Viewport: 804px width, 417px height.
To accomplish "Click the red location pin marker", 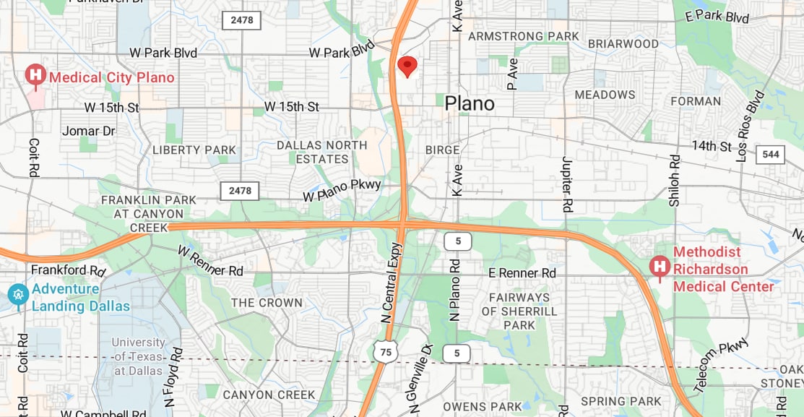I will [407, 66].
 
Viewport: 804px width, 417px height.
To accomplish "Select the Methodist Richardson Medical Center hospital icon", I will [659, 267].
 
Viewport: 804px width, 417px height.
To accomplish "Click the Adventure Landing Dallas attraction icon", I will [17, 294].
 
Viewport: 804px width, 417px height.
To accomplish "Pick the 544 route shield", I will [770, 154].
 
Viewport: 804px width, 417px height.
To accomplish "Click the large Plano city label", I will [470, 103].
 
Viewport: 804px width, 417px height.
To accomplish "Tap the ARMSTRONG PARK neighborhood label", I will [523, 36].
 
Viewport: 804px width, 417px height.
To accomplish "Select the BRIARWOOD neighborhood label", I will [623, 44].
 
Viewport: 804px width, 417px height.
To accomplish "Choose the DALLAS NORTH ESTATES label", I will [322, 152].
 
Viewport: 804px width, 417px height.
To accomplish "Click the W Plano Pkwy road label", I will [342, 190].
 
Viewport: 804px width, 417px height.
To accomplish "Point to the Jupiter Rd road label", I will [566, 182].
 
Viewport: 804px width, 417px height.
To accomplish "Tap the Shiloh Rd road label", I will [674, 181].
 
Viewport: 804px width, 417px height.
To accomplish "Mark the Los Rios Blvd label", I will [749, 125].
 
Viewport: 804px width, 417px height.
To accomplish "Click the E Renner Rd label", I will [522, 273].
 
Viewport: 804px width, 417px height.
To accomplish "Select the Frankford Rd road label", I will [69, 270].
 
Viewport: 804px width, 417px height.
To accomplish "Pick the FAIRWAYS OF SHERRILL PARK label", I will [519, 311].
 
